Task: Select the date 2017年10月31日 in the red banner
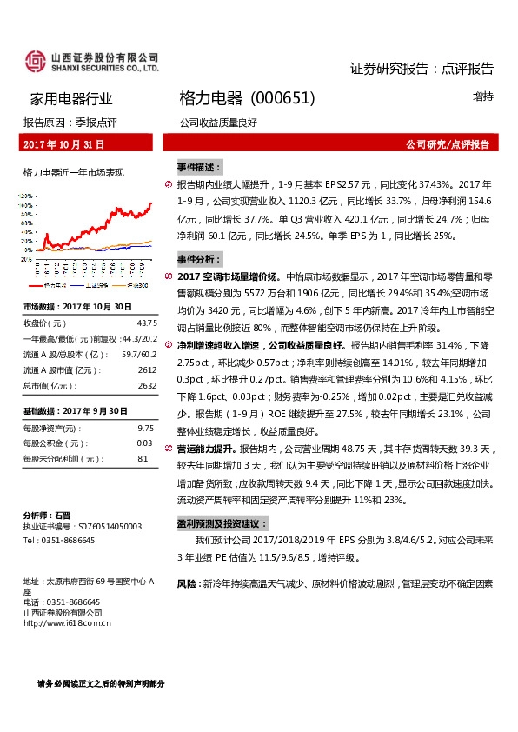point(63,143)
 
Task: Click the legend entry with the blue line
point(90,284)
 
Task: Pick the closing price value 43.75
point(145,323)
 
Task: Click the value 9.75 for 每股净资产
point(145,429)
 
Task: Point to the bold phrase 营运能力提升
point(205,449)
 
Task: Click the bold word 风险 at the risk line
point(186,583)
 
